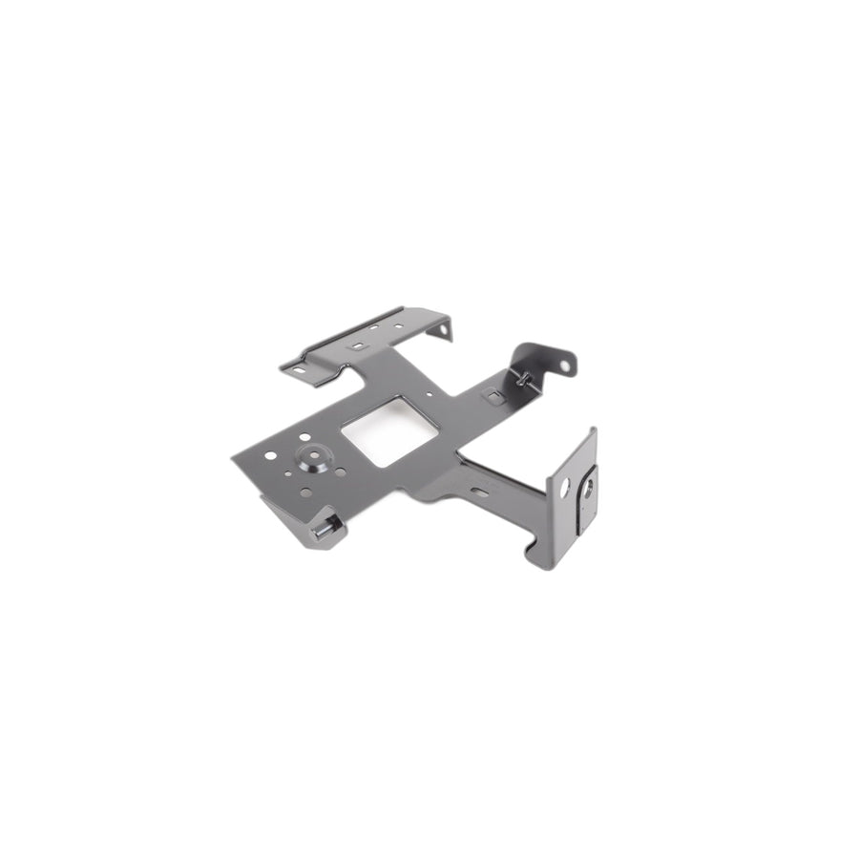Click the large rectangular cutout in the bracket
(x=389, y=432)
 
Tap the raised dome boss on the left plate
(x=312, y=456)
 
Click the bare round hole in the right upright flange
(x=564, y=486)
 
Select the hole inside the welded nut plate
(x=588, y=487)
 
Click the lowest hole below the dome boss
(x=305, y=492)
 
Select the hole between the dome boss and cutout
(x=342, y=472)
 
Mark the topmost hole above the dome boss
(x=304, y=436)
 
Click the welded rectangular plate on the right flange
(x=586, y=496)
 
